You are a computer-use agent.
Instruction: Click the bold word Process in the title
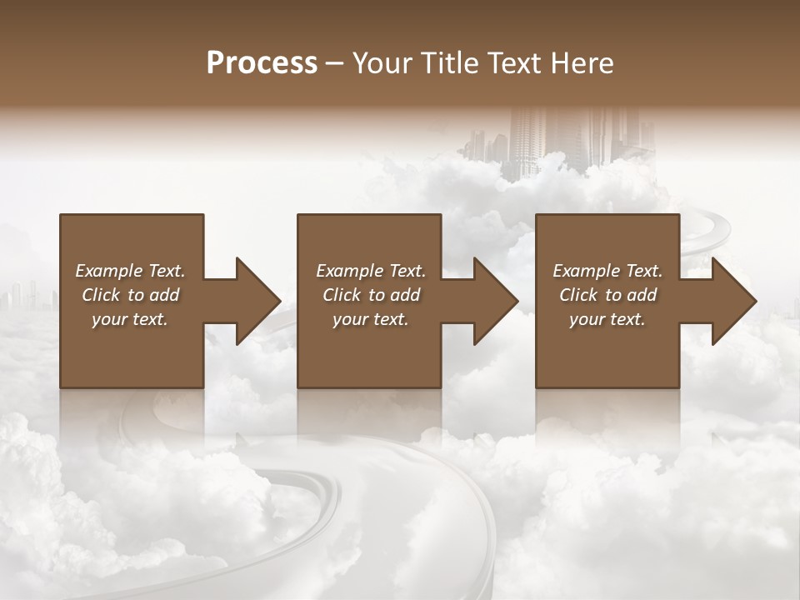(262, 63)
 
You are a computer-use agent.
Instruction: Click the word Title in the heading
(447, 63)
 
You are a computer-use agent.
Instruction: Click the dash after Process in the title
(335, 63)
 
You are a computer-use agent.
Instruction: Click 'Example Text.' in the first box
(130, 271)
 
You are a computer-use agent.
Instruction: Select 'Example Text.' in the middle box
(371, 271)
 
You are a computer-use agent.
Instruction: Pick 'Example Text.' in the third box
(607, 271)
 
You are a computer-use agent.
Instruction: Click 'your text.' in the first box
(130, 319)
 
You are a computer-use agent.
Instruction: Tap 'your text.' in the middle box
(371, 319)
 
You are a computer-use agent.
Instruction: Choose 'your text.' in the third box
(607, 319)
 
